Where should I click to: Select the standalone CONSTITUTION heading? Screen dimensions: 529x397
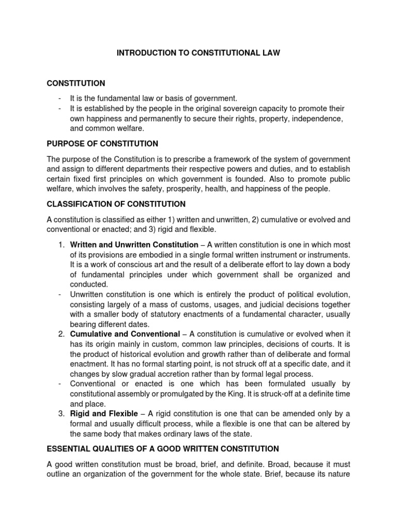click(76, 83)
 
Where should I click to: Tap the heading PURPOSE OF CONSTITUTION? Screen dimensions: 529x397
click(102, 143)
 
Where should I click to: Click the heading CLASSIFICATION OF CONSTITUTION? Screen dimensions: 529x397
click(116, 204)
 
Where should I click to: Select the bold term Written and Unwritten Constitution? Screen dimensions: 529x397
click(134, 245)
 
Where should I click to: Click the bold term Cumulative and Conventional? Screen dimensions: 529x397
click(125, 335)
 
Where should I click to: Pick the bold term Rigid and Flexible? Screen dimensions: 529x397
click(104, 414)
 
